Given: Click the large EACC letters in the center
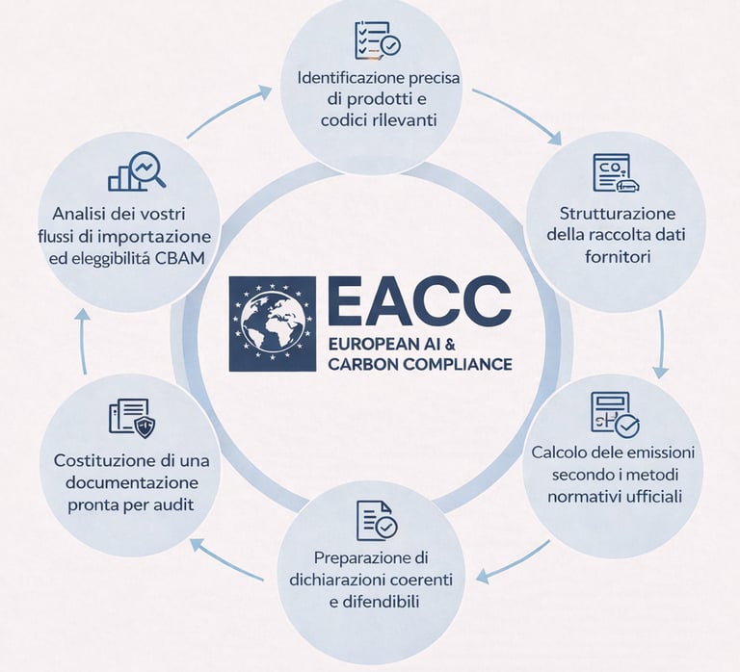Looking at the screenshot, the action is click(x=418, y=300).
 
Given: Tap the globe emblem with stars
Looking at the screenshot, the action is click(x=272, y=324).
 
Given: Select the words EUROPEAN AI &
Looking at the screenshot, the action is click(x=390, y=344).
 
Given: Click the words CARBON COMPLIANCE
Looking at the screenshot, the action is click(x=419, y=365).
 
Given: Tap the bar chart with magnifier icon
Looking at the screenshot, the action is click(x=136, y=171).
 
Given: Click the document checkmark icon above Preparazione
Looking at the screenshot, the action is click(x=376, y=520).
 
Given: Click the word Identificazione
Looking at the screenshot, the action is click(x=349, y=77).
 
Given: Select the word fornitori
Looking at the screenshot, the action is click(x=618, y=257).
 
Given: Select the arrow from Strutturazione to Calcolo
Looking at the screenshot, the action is click(x=660, y=343).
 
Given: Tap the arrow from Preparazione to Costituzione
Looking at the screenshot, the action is click(x=227, y=560).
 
